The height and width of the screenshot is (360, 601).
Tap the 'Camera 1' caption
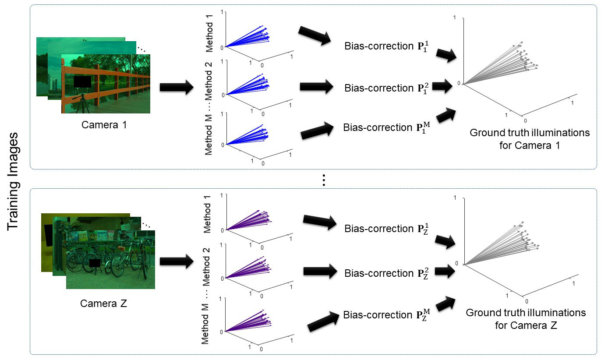click(104, 125)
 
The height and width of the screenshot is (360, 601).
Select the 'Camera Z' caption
click(103, 304)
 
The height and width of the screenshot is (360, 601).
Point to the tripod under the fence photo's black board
click(82, 103)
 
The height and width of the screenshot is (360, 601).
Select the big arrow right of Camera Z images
click(177, 261)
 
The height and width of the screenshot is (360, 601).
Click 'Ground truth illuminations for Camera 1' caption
click(530, 139)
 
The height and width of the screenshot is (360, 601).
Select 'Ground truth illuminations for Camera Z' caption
click(526, 319)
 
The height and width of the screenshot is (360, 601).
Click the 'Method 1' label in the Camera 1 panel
click(209, 33)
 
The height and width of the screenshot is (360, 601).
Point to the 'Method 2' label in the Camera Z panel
click(206, 267)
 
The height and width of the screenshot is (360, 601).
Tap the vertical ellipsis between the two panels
click(324, 180)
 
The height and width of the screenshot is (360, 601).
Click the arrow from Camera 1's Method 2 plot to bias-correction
click(317, 86)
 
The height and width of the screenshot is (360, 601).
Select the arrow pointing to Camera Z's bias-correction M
click(323, 321)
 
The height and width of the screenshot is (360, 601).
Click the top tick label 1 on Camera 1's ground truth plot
click(454, 18)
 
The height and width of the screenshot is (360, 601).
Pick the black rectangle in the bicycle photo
click(95, 263)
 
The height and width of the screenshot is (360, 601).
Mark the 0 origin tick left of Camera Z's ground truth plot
click(456, 263)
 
